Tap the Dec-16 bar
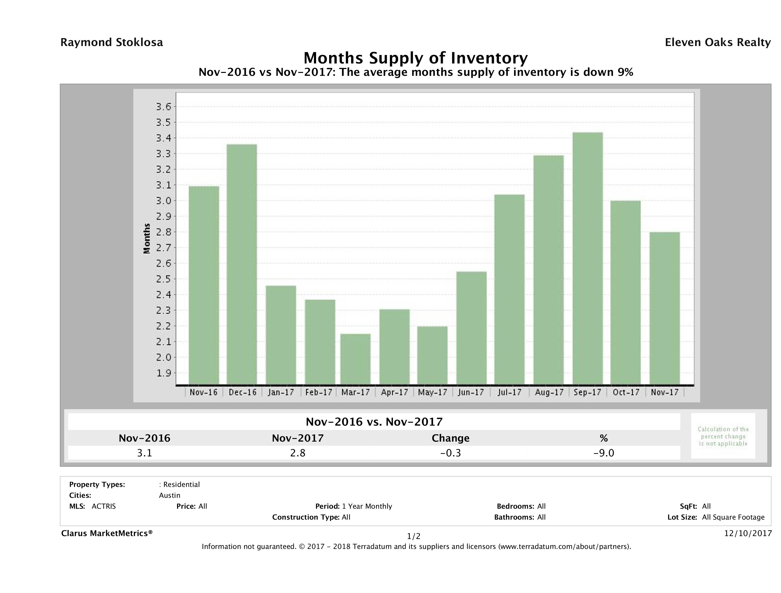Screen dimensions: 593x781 [242, 264]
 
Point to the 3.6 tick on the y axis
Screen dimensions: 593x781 [163, 107]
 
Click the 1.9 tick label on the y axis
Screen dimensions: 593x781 [163, 373]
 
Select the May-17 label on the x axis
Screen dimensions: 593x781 [432, 392]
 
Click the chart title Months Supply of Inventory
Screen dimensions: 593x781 [416, 58]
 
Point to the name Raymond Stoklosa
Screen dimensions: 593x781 [112, 42]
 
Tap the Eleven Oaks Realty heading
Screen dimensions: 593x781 [717, 42]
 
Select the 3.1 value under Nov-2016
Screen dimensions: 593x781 [144, 453]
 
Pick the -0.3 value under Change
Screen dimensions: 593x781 [451, 453]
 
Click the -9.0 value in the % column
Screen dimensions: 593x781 [604, 453]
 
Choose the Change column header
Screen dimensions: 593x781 [451, 438]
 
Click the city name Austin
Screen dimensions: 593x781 [169, 495]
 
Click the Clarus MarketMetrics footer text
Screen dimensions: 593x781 [107, 533]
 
